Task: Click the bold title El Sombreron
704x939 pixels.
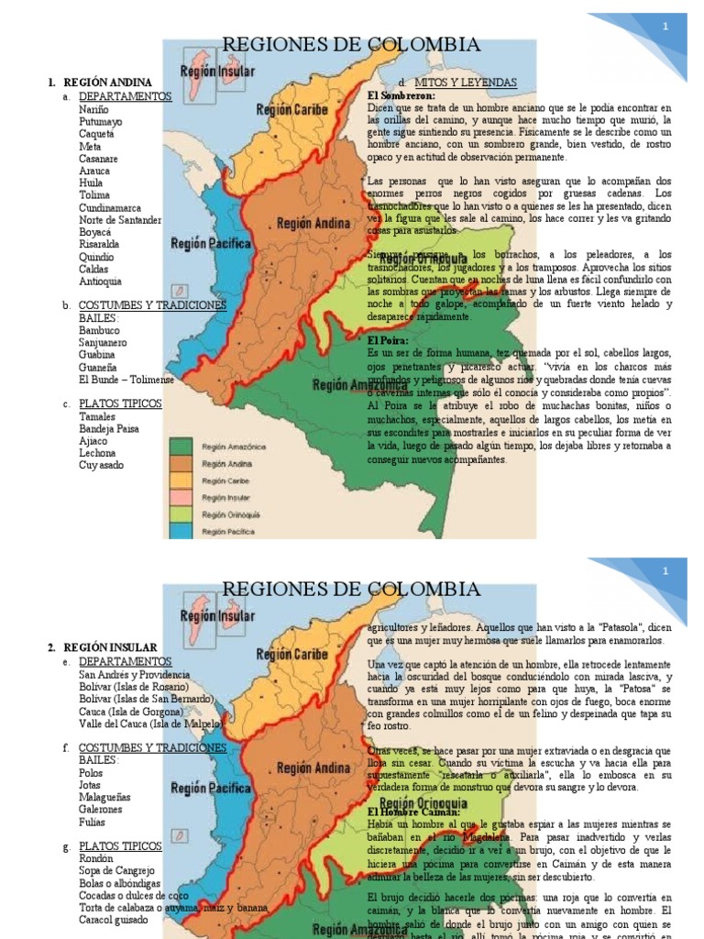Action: [401, 95]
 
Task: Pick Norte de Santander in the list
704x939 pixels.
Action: [120, 220]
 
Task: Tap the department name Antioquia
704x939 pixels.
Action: [100, 282]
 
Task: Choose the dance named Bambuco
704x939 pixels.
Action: [99, 329]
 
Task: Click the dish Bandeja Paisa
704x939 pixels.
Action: [110, 428]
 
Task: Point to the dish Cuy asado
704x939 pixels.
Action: [101, 465]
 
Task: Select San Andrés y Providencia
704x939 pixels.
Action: [134, 674]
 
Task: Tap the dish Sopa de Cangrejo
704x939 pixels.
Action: [116, 870]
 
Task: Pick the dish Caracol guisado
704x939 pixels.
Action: [113, 920]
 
